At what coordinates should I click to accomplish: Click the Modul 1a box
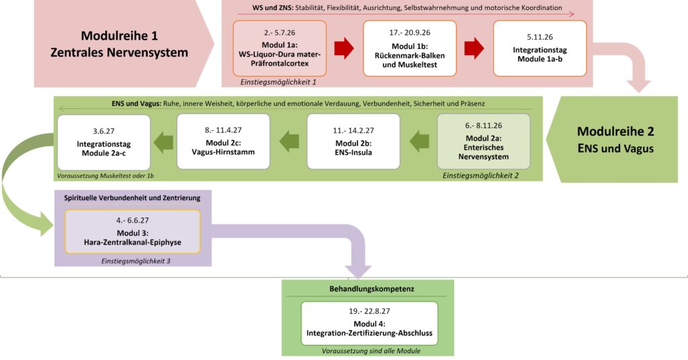(279, 48)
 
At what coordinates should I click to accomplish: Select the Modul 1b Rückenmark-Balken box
(409, 48)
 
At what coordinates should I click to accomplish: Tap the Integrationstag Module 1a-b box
(540, 48)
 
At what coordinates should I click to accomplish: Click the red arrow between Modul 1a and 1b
(344, 48)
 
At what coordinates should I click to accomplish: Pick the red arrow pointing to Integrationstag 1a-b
(474, 48)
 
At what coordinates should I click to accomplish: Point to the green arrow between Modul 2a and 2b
(420, 141)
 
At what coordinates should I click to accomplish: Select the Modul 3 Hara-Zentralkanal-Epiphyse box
(132, 232)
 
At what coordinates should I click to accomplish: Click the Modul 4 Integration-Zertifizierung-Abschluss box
(369, 324)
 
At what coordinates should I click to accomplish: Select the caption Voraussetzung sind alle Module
(369, 350)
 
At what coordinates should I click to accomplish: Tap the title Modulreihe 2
(615, 140)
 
